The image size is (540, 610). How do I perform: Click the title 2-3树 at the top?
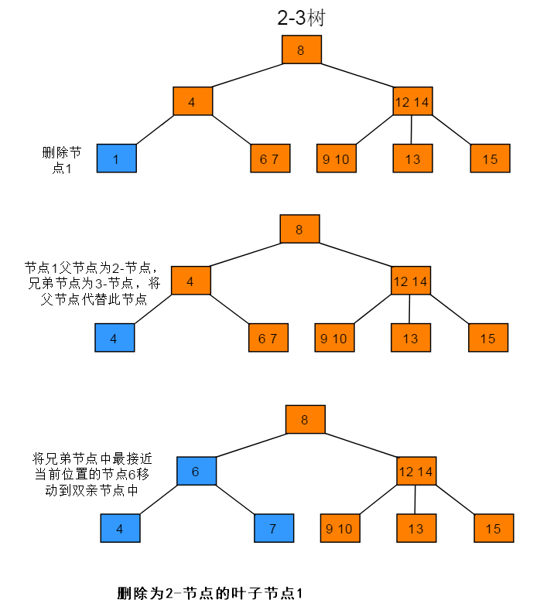tap(300, 19)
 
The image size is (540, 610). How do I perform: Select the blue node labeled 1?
tap(116, 159)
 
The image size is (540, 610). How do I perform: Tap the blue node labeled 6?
tap(196, 471)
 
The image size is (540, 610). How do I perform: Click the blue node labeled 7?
tap(274, 529)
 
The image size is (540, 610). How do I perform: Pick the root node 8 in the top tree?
tap(301, 50)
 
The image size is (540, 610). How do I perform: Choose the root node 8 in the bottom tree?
tap(305, 420)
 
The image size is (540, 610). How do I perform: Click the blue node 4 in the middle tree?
tap(114, 338)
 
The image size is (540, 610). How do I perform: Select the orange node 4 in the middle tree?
tap(190, 281)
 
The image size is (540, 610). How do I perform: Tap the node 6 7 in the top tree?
tap(269, 159)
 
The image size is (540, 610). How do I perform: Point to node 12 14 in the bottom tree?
tap(416, 471)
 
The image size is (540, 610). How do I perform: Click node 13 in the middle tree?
tap(410, 338)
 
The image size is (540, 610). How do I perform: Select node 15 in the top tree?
tap(490, 159)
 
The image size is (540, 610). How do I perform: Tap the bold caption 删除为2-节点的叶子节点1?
tap(208, 594)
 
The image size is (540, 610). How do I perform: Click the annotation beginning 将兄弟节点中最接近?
tap(86, 472)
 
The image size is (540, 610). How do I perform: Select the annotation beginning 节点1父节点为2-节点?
tap(92, 283)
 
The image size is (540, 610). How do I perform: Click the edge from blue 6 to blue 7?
tap(237, 500)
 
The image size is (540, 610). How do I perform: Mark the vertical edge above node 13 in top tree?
tap(412, 130)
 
